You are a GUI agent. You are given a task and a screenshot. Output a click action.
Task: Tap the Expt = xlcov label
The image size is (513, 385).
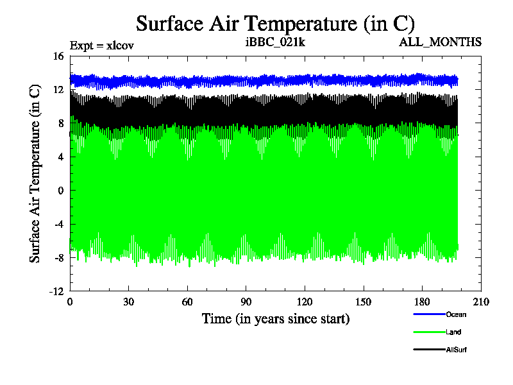[101, 46]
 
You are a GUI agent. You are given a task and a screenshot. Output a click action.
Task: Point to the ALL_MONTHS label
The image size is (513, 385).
[440, 43]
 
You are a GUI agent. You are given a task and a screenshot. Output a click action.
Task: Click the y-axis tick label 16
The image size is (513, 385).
[58, 56]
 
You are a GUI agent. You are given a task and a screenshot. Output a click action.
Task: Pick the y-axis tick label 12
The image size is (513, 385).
[58, 90]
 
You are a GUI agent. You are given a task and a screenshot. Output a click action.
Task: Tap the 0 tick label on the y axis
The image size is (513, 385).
[61, 191]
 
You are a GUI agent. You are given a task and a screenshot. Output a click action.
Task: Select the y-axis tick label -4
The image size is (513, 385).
[58, 224]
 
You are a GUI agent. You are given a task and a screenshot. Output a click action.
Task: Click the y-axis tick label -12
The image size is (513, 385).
[56, 291]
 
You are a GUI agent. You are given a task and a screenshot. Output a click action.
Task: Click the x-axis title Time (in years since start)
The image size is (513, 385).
[276, 318]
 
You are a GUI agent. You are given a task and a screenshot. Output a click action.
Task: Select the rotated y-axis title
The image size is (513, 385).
[35, 173]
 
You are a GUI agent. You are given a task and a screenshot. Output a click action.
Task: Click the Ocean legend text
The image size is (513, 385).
[456, 314]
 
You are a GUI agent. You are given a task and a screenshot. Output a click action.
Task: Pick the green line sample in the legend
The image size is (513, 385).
[429, 332]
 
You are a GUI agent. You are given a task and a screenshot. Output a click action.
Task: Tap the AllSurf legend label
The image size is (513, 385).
[457, 350]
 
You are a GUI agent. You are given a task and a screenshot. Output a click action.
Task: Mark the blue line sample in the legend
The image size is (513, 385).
[429, 314]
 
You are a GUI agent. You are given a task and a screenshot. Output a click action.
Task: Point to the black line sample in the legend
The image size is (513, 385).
[429, 350]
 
